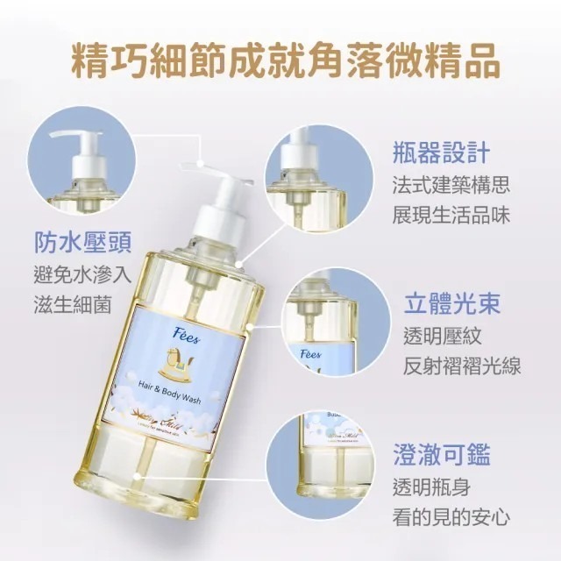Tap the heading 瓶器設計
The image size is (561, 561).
point(435,152)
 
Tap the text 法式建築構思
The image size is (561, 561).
point(451,186)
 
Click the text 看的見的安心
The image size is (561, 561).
point(451,517)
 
